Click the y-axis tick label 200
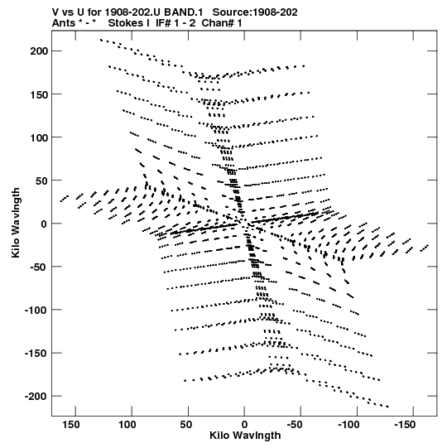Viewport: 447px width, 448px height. [39, 51]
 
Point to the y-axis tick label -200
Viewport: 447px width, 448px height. [36, 397]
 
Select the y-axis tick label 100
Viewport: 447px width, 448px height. [39, 137]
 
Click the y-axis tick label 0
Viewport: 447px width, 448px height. [44, 224]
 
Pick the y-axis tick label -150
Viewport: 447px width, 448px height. [36, 353]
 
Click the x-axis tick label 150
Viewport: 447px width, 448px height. [71, 425]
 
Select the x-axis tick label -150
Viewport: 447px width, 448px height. [405, 425]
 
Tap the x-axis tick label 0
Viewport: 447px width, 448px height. [244, 425]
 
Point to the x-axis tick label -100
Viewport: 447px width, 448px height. [348, 425]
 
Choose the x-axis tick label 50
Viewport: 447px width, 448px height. [186, 425]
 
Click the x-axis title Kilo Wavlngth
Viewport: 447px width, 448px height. [245, 436]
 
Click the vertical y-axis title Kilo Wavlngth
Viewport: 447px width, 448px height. [16, 223]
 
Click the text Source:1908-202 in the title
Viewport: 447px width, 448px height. [255, 12]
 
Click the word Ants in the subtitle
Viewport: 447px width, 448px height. [64, 23]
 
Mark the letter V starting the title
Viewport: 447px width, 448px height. [55, 12]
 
